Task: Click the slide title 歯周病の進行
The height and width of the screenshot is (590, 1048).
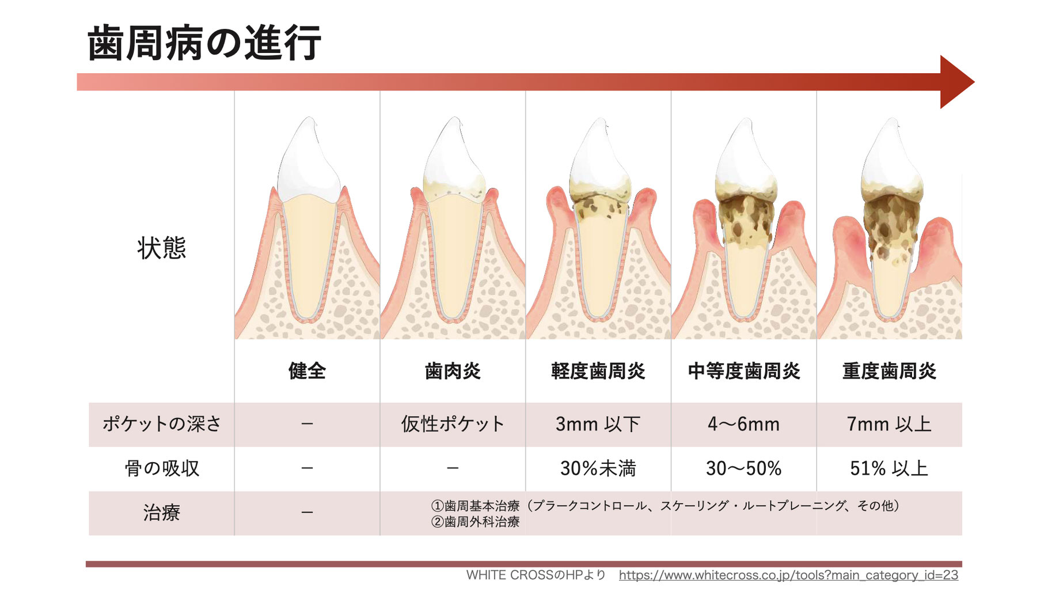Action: point(204,43)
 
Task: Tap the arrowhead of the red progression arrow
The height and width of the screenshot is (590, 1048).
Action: point(956,82)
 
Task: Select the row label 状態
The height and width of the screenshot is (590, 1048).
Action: point(162,248)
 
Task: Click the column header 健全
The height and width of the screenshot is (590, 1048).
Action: point(307,370)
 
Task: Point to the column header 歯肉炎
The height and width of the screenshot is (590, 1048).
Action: point(453,370)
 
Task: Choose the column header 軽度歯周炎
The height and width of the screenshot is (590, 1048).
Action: point(598,370)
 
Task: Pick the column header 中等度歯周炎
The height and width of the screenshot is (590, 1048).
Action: point(744,370)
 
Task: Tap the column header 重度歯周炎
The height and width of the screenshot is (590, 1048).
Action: point(889,370)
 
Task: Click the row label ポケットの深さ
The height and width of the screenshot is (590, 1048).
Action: point(162,424)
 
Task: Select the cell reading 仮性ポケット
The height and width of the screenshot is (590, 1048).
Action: point(453,424)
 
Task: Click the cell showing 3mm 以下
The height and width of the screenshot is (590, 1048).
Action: point(598,424)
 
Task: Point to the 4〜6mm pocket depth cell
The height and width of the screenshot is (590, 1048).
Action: point(744,424)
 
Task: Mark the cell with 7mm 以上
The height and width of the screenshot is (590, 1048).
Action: point(889,424)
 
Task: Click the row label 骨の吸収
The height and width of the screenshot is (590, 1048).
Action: point(162,468)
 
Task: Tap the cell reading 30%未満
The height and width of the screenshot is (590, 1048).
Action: point(598,468)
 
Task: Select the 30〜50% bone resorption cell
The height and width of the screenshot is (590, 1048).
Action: point(744,468)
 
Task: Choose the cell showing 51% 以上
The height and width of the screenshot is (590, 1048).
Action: point(889,468)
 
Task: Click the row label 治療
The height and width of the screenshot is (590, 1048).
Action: point(162,512)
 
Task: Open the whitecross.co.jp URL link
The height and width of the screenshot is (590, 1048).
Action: point(788,575)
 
